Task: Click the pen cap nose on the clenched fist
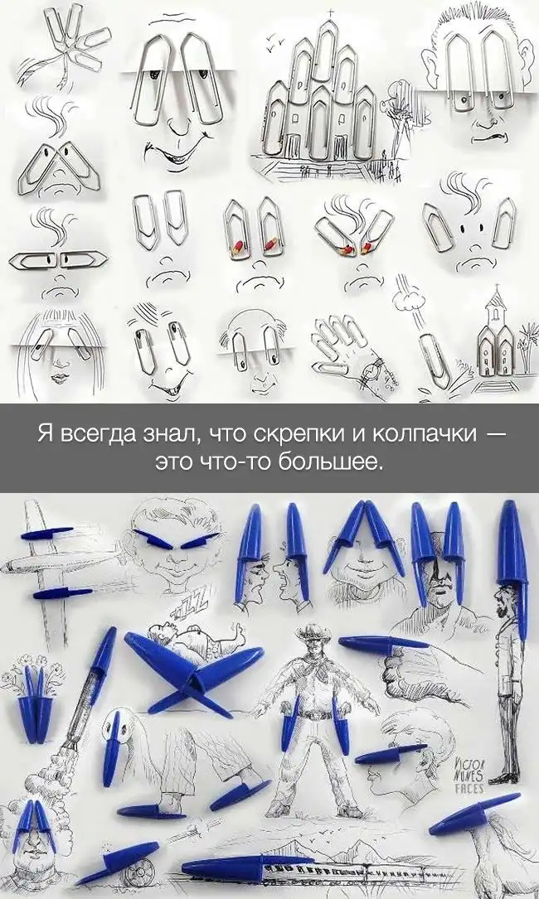pyautogui.click(x=383, y=643)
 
